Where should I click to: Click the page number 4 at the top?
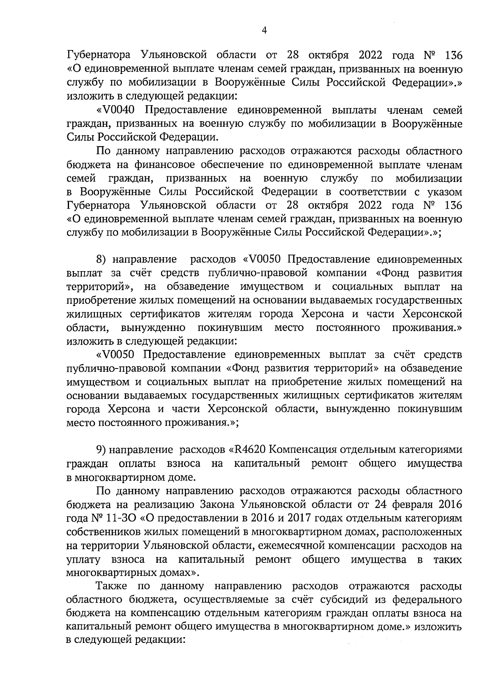(264, 31)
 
